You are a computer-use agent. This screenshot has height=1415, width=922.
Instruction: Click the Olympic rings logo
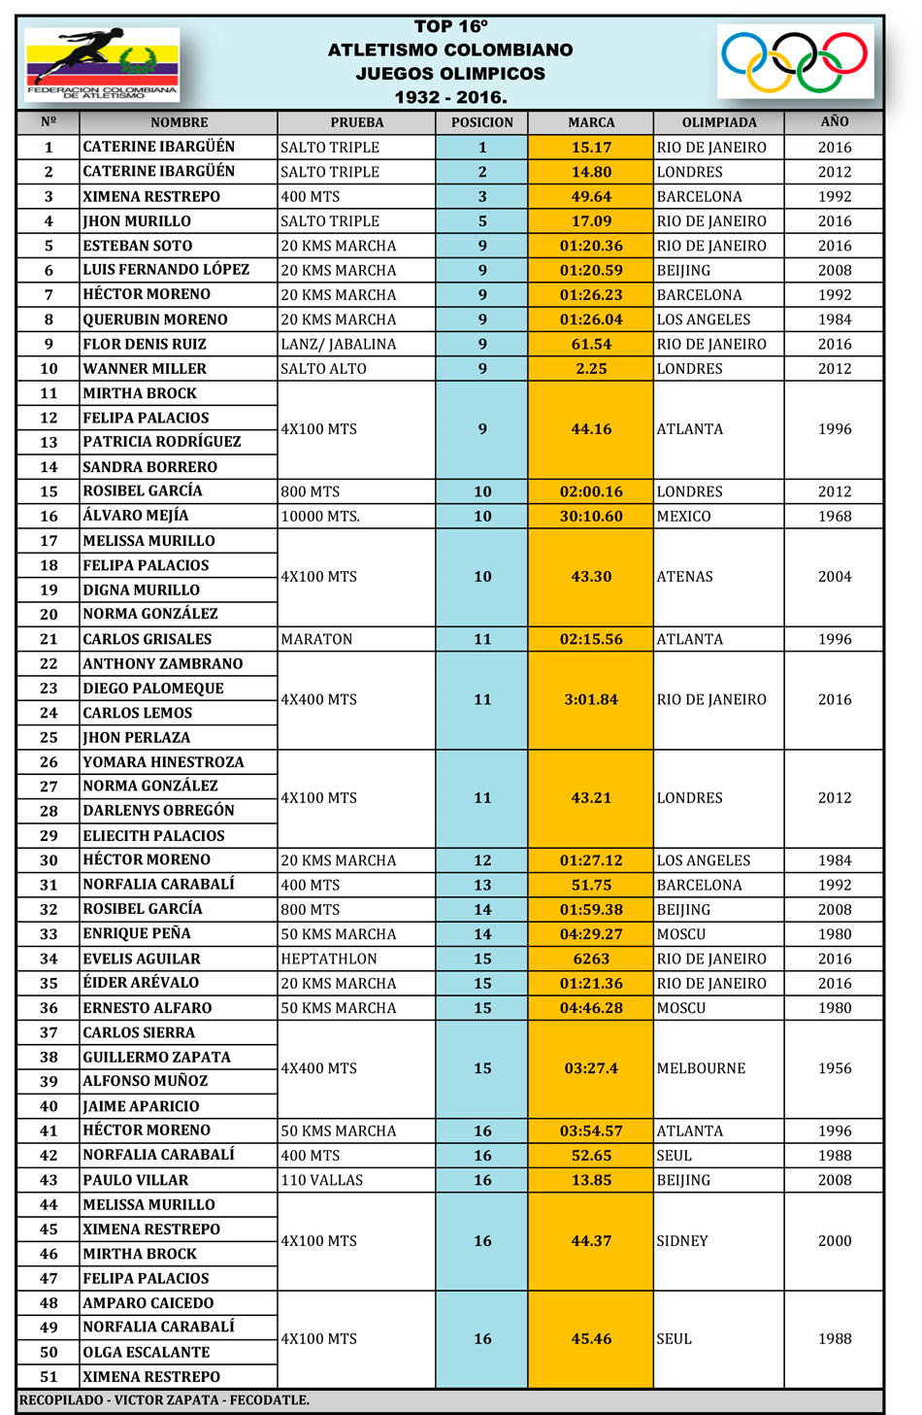coord(795,61)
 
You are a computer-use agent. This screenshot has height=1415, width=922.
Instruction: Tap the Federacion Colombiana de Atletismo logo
coord(101,64)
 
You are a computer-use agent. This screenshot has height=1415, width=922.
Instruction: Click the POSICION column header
coord(482,122)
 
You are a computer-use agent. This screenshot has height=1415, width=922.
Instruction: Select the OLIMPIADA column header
coord(719,122)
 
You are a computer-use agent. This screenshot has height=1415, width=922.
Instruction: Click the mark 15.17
coord(591,148)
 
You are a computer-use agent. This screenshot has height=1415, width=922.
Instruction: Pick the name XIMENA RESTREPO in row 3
coord(151,196)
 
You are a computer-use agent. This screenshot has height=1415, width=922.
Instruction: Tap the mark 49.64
coord(591,196)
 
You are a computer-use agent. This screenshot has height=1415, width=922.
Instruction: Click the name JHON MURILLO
coord(137,221)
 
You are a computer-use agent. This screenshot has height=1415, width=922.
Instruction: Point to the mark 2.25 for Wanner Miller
coord(591,369)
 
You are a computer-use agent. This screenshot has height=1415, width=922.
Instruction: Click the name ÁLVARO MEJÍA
coord(136,516)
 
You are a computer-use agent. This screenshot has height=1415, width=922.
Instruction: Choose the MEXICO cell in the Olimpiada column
coord(684,517)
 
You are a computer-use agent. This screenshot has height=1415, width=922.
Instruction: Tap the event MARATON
coord(316,639)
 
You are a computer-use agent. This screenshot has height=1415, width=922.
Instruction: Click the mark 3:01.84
coord(591,699)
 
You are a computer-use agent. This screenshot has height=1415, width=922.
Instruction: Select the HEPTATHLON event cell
coord(329,959)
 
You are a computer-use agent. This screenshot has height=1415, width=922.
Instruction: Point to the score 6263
coord(591,959)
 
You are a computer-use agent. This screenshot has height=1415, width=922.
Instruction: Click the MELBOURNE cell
coord(702,1068)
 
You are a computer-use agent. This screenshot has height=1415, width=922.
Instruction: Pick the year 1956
coord(835,1068)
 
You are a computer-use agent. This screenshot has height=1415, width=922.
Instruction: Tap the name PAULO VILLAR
coord(136,1180)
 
